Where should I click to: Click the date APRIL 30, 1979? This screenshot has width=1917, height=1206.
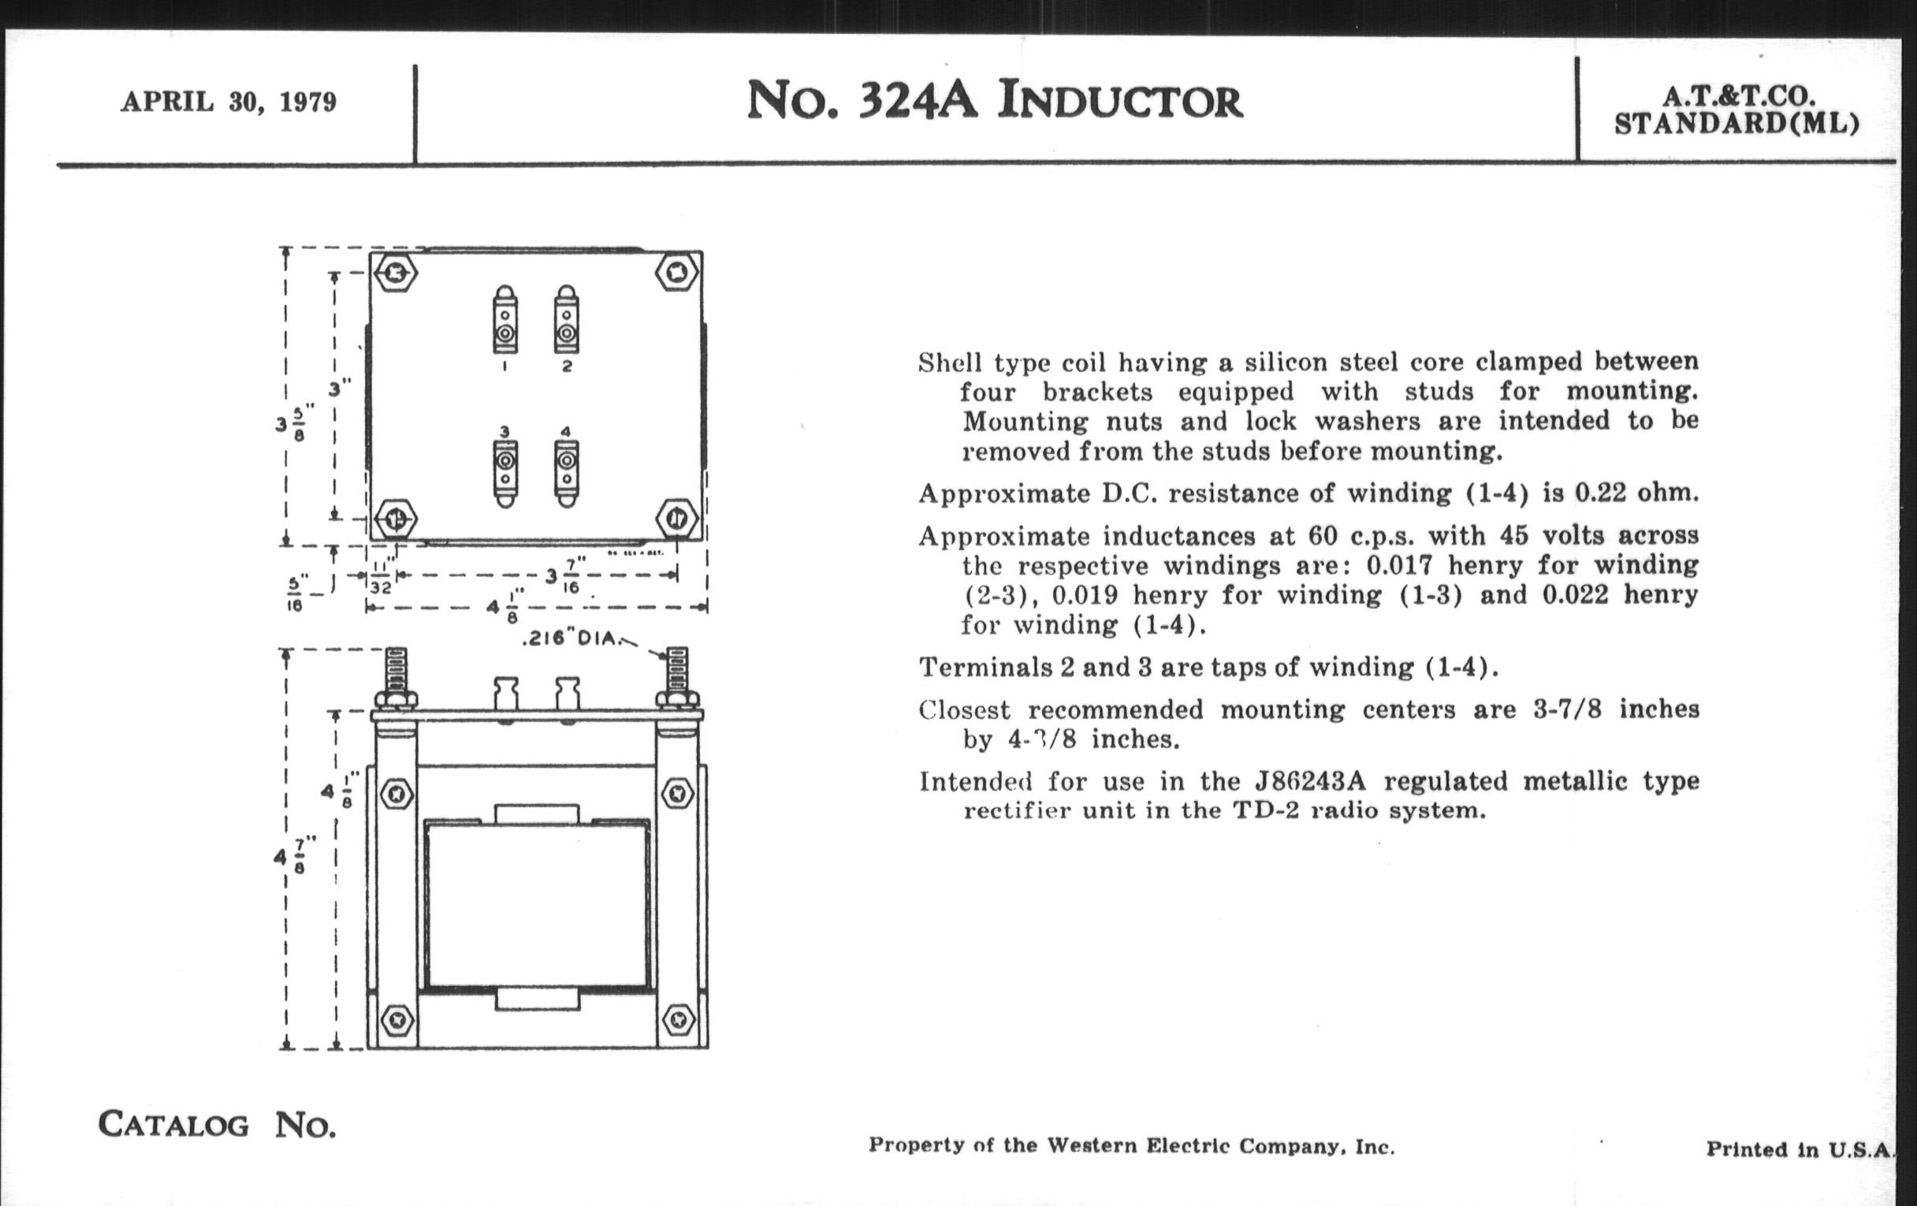click(x=229, y=102)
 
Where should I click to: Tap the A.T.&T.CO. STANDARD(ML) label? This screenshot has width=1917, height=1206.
click(x=1737, y=110)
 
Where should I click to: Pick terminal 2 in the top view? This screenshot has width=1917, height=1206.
click(x=566, y=323)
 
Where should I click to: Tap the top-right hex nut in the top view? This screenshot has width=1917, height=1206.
click(x=677, y=272)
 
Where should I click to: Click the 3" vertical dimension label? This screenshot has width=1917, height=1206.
click(x=339, y=389)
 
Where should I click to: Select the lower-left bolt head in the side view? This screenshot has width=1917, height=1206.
click(x=396, y=1019)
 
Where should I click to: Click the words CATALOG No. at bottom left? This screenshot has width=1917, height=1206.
click(x=217, y=1124)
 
